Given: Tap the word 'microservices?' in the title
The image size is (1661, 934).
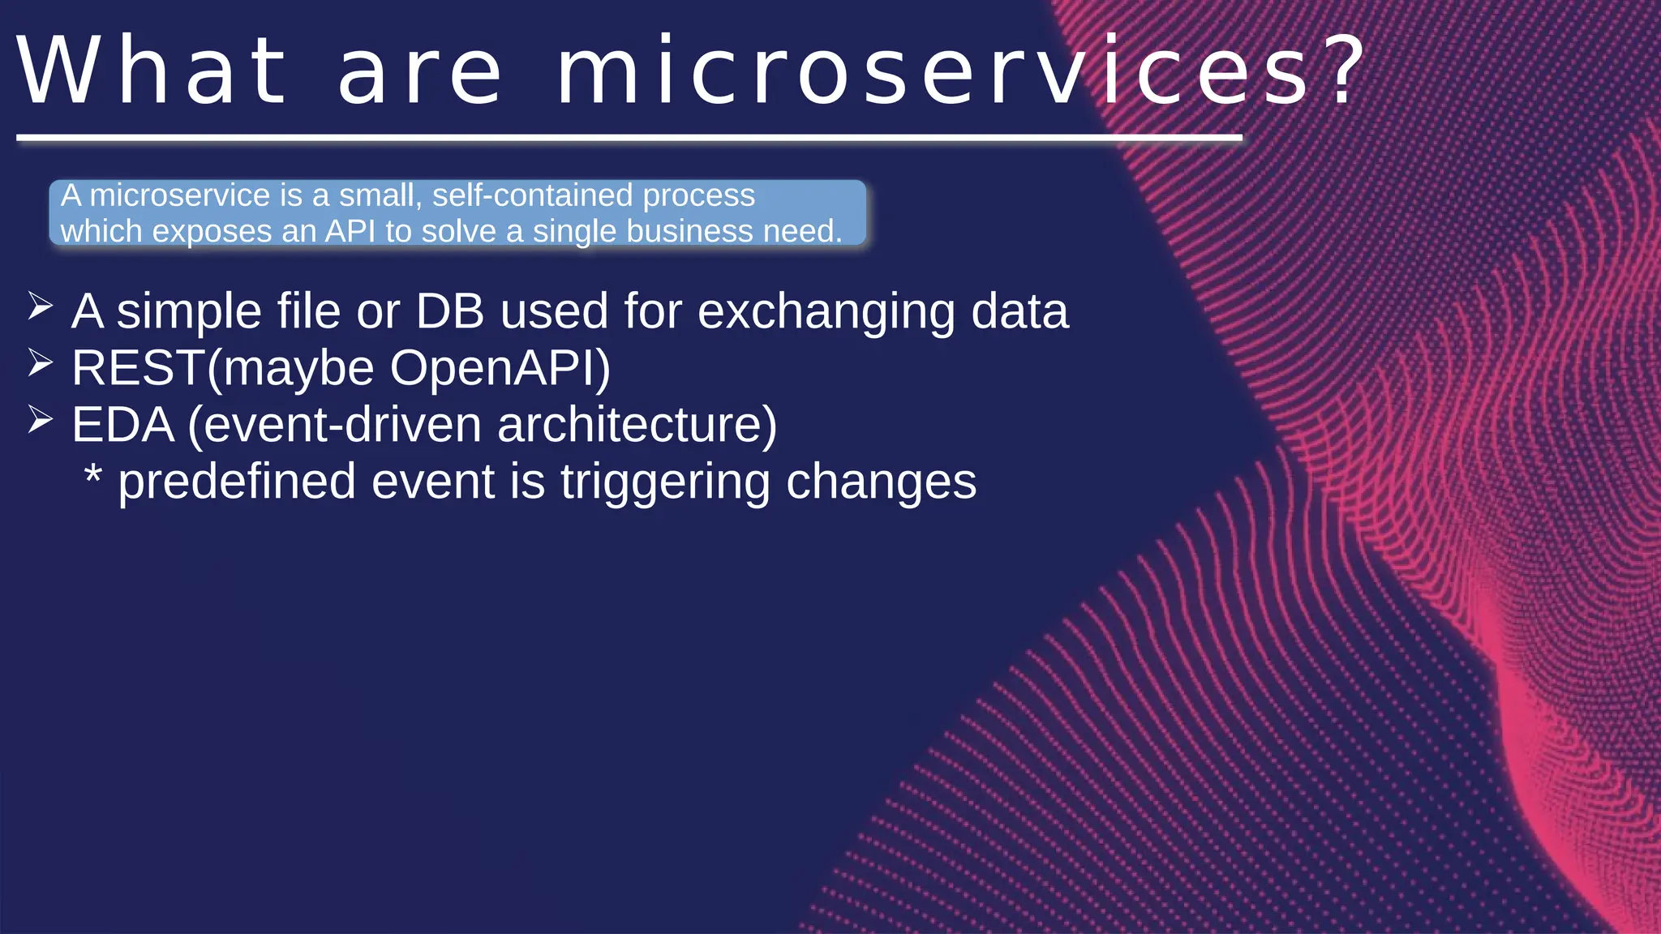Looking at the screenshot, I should [933, 71].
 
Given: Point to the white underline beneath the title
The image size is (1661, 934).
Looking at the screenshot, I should [629, 139].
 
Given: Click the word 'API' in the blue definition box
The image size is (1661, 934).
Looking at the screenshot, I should [350, 232].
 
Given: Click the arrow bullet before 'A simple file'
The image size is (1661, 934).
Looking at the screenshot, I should [40, 306].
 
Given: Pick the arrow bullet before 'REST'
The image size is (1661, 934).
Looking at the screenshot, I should [40, 363].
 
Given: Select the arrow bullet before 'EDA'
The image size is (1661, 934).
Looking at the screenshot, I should [40, 420].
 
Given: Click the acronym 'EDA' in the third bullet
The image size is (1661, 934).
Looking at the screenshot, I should [123, 425].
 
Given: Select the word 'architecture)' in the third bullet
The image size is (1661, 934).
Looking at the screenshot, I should [637, 425].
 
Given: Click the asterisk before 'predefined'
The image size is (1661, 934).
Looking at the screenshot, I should [93, 475].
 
